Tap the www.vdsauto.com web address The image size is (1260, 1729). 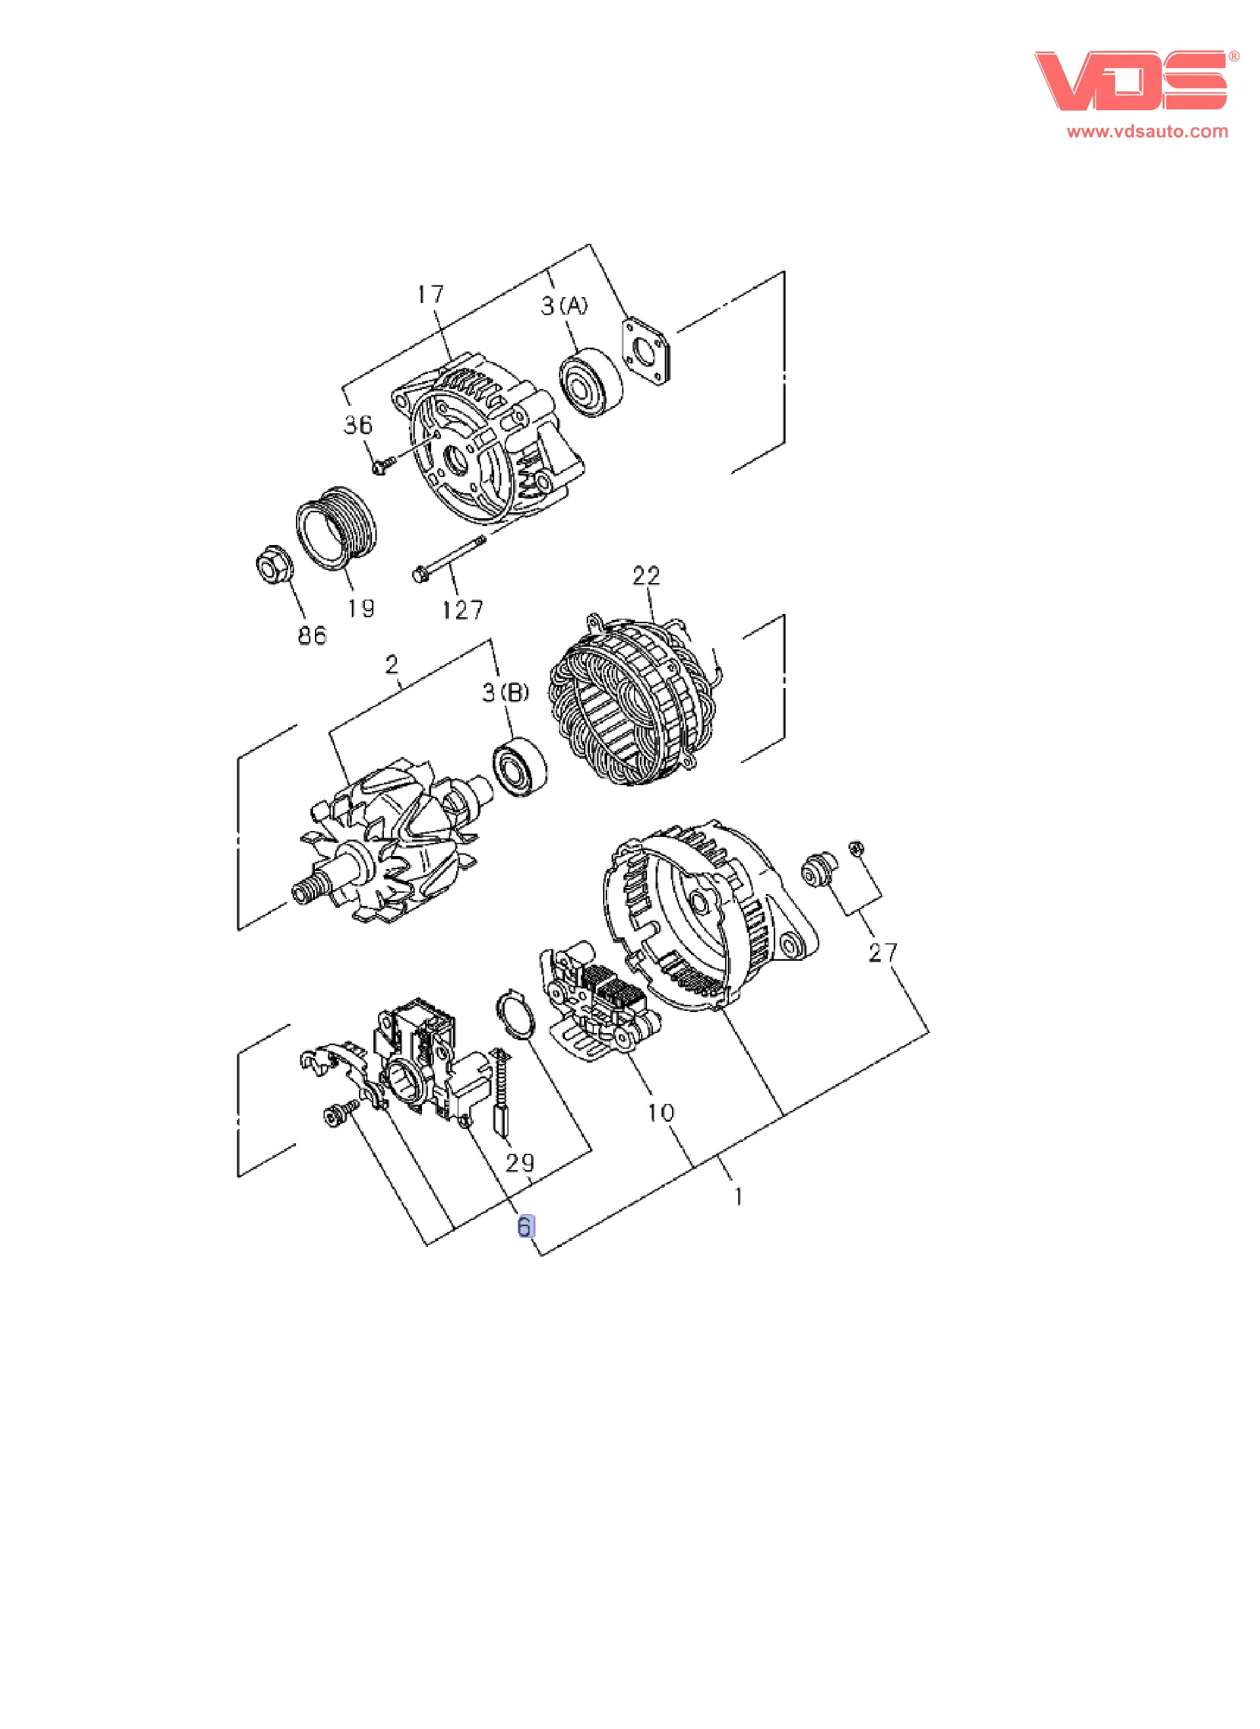[x=1147, y=131]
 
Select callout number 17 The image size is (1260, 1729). [x=430, y=295]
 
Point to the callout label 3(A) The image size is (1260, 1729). [x=564, y=306]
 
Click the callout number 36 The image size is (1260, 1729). [x=358, y=424]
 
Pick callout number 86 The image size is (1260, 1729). [x=312, y=635]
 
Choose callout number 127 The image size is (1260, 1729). [x=462, y=610]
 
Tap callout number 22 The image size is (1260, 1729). [x=646, y=576]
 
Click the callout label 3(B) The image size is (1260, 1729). [x=505, y=692]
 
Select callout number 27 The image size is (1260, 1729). [x=883, y=952]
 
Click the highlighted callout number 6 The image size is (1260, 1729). [x=526, y=1227]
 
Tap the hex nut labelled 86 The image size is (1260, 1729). [x=272, y=565]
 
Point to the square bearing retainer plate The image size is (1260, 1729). [x=648, y=351]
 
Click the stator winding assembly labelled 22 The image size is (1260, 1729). [x=635, y=701]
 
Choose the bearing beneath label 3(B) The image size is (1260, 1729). [x=519, y=767]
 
